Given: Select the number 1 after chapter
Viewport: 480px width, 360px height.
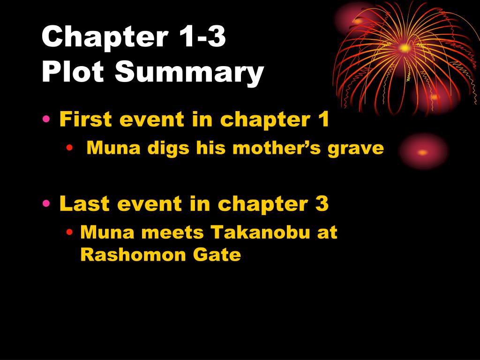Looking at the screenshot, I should pyautogui.click(x=322, y=120).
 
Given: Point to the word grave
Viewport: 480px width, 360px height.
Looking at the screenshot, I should pyautogui.click(x=360, y=149).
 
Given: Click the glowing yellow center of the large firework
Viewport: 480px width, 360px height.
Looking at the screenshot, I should pyautogui.click(x=404, y=47).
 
